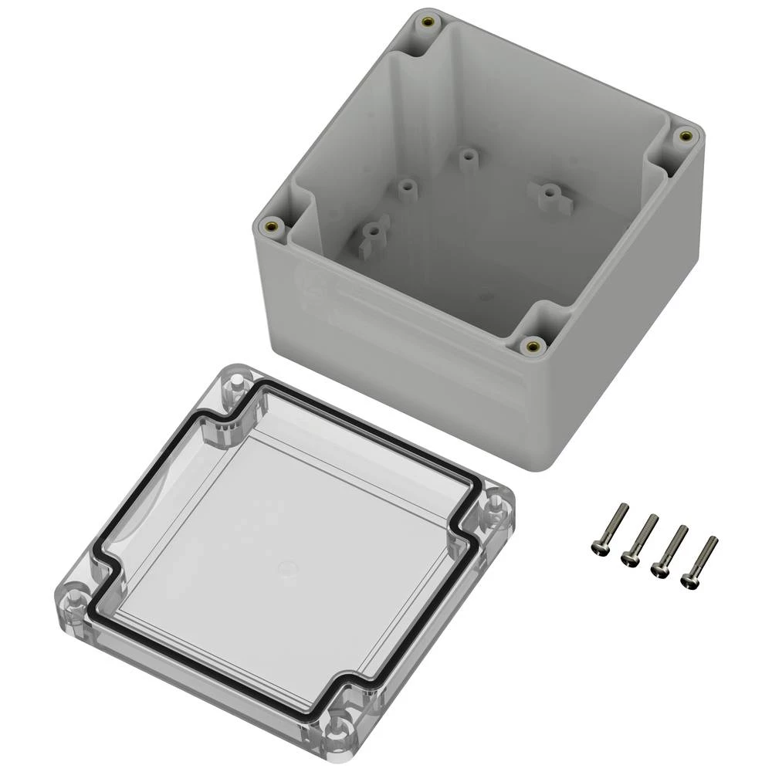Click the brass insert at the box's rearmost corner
[427, 25]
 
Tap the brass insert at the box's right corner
[682, 137]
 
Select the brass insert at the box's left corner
[272, 225]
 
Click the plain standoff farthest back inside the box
[466, 155]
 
